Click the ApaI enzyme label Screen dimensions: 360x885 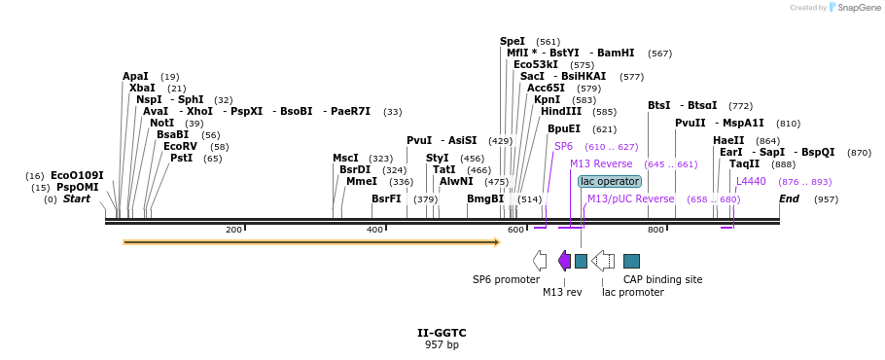coord(135,76)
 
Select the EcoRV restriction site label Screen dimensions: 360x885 coord(181,146)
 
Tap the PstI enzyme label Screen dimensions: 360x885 coord(182,158)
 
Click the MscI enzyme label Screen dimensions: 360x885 coord(345,158)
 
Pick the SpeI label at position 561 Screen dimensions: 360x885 coord(513,41)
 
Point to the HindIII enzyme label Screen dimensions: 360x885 coord(560,111)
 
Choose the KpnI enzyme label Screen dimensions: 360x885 coord(547,99)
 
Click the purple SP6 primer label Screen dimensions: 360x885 coord(563,146)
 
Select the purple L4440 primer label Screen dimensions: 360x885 coord(751,181)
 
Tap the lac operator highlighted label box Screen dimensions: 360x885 coord(610,181)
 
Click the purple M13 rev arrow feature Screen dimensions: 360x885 coord(564,260)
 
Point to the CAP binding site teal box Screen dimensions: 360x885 coord(631,260)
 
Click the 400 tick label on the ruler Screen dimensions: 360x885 coord(374,230)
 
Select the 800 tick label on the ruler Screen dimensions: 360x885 coord(655,230)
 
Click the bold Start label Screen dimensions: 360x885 coord(76,198)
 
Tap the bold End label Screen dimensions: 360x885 coord(789,198)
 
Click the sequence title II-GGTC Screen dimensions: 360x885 coord(442,333)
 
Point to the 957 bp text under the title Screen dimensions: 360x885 coord(442,344)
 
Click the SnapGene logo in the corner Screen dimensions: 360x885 coord(853,8)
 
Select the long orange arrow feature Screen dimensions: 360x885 coord(311,241)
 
